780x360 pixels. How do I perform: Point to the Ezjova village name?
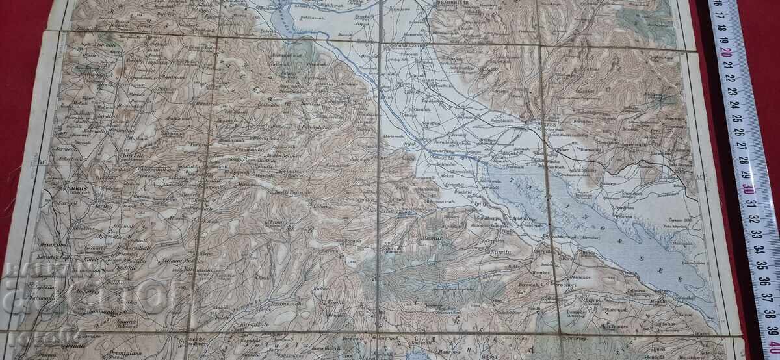click(x=589, y=300)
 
